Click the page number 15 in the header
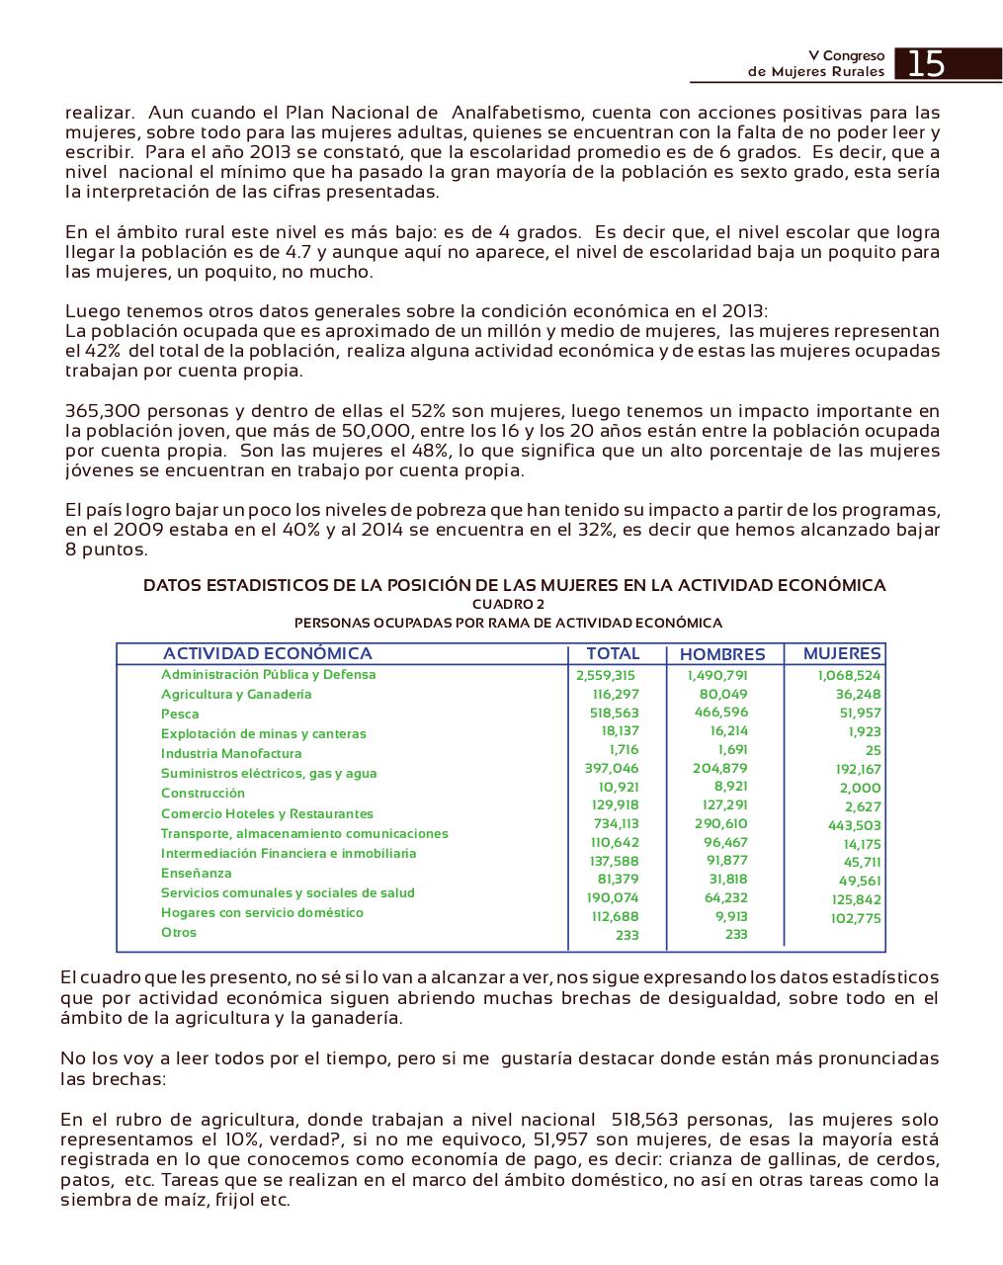pyautogui.click(x=926, y=64)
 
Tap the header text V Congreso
pyautogui.click(x=847, y=56)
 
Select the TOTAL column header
pyautogui.click(x=613, y=653)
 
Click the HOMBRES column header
pyautogui.click(x=722, y=654)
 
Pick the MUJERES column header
pyautogui.click(x=842, y=653)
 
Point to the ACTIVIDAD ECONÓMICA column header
pyautogui.click(x=268, y=653)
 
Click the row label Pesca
pyautogui.click(x=180, y=714)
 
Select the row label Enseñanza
pyautogui.click(x=197, y=873)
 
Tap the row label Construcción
pyautogui.click(x=203, y=793)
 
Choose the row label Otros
pyautogui.click(x=179, y=932)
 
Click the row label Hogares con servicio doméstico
pyautogui.click(x=262, y=912)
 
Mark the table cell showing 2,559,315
pyautogui.click(x=605, y=676)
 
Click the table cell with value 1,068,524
pyautogui.click(x=849, y=676)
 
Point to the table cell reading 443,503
pyautogui.click(x=856, y=825)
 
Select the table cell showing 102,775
pyautogui.click(x=856, y=918)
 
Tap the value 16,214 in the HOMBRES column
pyautogui.click(x=729, y=730)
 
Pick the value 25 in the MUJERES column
pyautogui.click(x=873, y=750)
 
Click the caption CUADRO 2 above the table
pyautogui.click(x=508, y=604)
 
